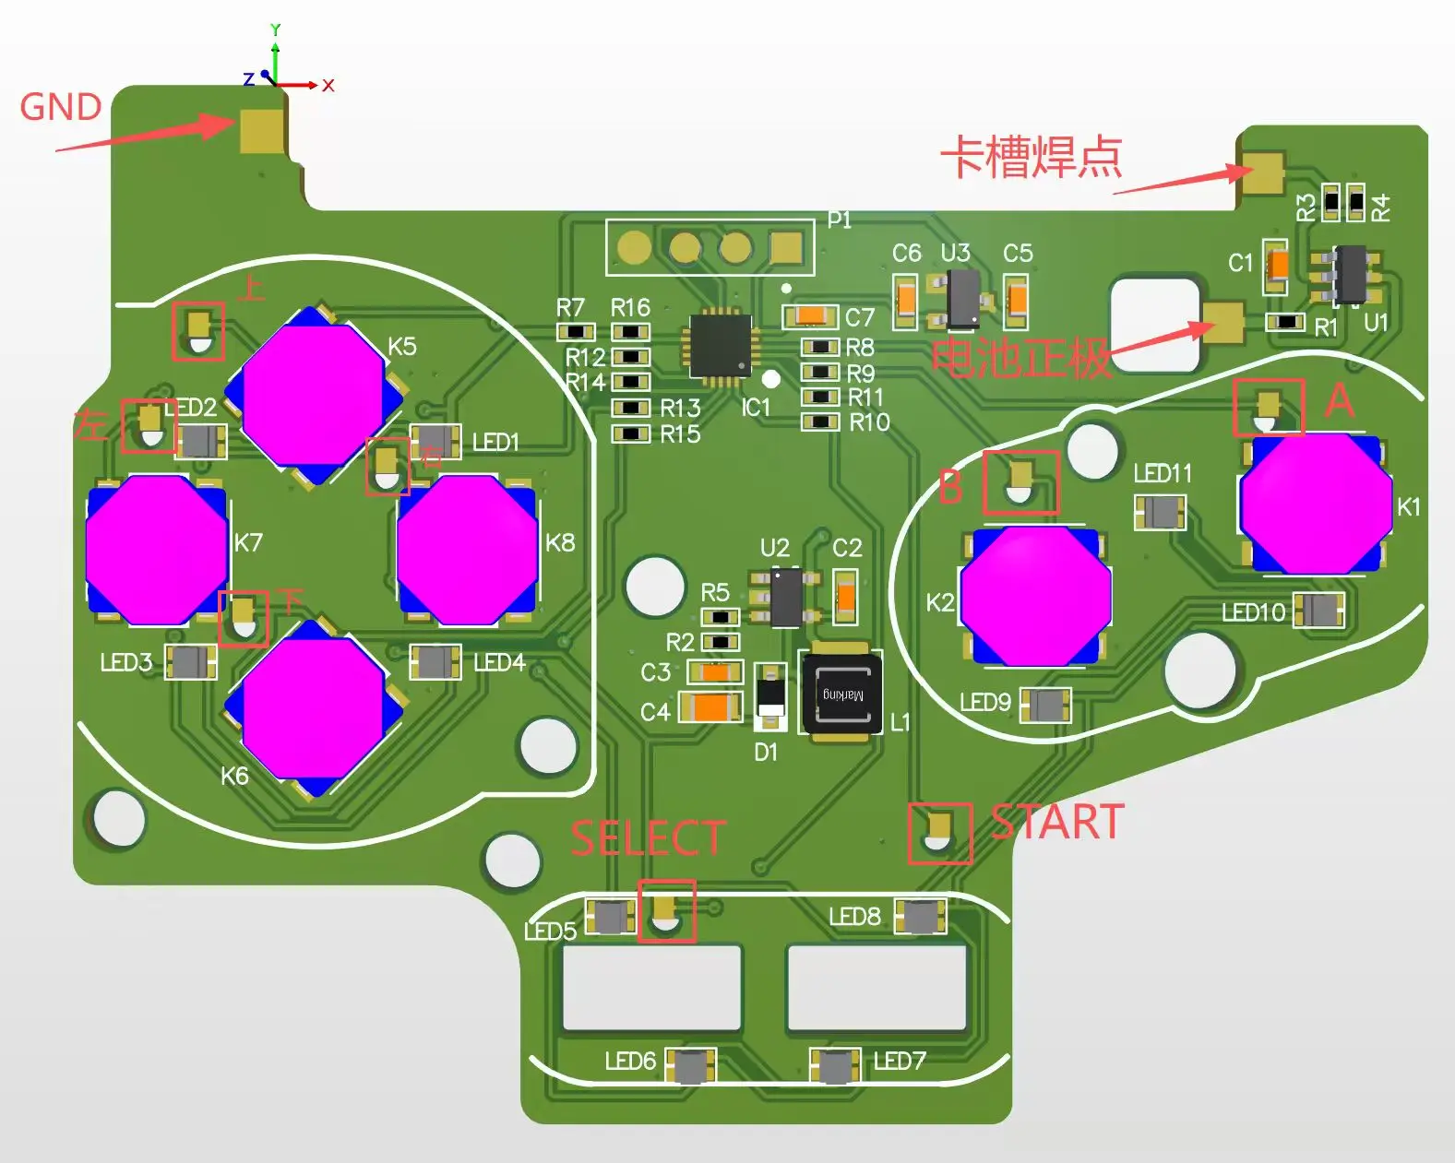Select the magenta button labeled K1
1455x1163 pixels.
pos(1315,503)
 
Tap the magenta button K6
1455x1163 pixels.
pos(314,707)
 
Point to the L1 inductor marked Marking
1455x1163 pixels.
pos(841,694)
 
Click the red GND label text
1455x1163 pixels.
pos(61,107)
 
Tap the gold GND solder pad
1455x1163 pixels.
pos(262,131)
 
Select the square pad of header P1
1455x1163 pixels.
pos(786,247)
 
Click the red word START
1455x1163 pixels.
pos(1057,822)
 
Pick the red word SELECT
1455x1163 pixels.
pos(648,838)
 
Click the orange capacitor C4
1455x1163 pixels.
pos(710,707)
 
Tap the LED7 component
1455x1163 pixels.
pos(836,1066)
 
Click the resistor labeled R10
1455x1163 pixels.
pos(819,422)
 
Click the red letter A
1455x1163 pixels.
pos(1340,401)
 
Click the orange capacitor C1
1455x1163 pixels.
pos(1276,266)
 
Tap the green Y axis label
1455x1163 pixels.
pos(275,30)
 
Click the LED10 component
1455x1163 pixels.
pos(1318,610)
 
